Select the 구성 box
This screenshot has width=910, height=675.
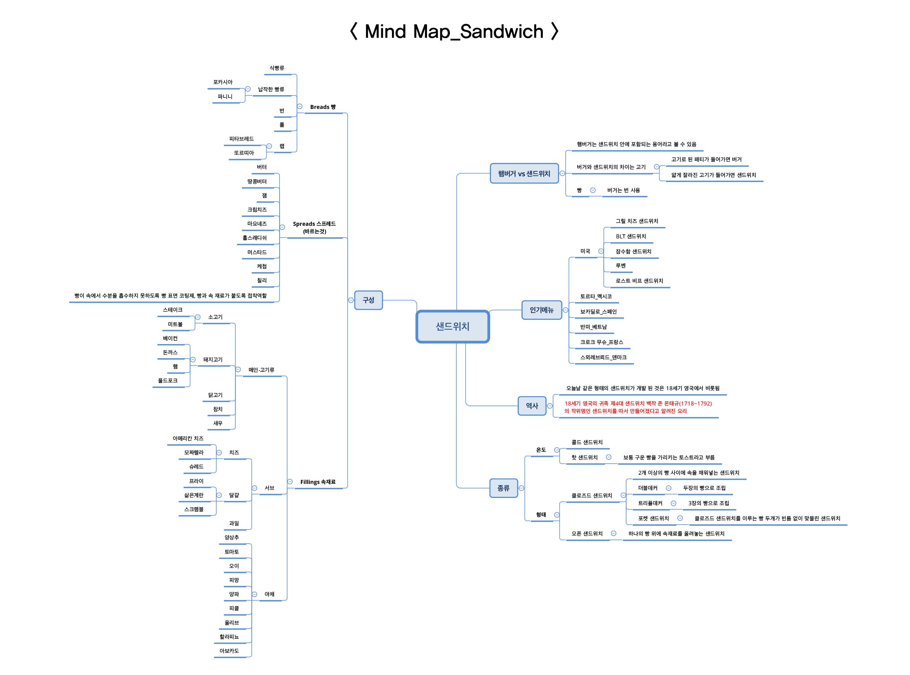tap(368, 300)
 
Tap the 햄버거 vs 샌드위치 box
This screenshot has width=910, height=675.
tap(524, 174)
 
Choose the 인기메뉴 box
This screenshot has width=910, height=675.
tap(541, 310)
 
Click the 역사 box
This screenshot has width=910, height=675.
tap(531, 406)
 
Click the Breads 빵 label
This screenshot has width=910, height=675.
tap(323, 107)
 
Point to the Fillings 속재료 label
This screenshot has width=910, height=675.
tap(318, 482)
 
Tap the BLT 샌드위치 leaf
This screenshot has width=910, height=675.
tap(631, 236)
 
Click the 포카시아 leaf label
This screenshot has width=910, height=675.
tap(223, 82)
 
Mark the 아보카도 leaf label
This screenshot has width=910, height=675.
tap(229, 651)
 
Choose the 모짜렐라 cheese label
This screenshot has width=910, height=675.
tap(194, 452)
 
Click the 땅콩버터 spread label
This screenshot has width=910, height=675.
tap(257, 182)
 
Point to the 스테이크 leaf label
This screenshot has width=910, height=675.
tap(173, 310)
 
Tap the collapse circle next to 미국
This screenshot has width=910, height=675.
tap(601, 251)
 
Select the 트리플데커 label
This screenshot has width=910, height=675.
tap(650, 503)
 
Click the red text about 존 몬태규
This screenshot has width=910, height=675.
tap(638, 407)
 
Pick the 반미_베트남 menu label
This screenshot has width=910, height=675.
tap(593, 327)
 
